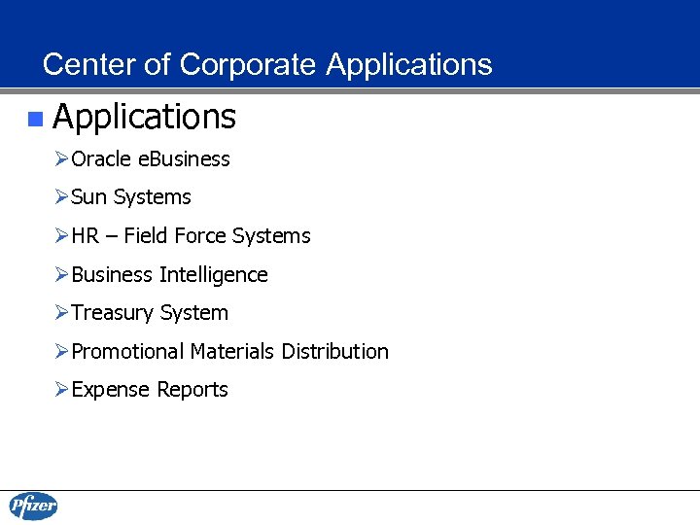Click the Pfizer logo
pos(34,507)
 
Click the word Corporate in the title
pos(247,65)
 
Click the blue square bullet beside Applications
pos(35,119)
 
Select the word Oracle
pos(100,159)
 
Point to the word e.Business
pos(183,159)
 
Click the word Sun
pos(88,197)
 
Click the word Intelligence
pos(213,275)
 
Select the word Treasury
pos(112,313)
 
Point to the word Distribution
pos(334,352)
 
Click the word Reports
pos(192,390)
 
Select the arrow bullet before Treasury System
pos(62,313)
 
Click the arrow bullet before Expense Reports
pos(62,390)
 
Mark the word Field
pos(144,236)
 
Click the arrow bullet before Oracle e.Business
pos(62,159)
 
